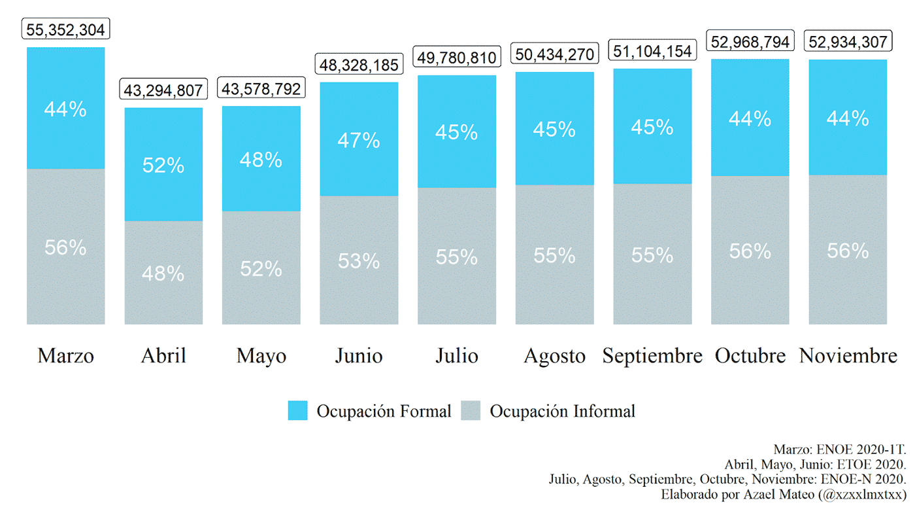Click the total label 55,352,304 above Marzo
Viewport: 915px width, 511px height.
point(65,29)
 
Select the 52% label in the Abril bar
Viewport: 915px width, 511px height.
point(163,166)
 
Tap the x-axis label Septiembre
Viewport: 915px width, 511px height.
point(652,356)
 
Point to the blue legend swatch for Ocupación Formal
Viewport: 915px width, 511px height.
point(297,411)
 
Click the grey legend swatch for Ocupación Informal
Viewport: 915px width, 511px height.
point(471,411)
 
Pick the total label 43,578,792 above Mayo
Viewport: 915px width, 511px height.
point(261,89)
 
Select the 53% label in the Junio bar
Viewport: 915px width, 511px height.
point(359,261)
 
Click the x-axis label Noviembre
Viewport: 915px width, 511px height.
point(848,356)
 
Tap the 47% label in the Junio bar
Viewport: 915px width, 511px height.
point(359,141)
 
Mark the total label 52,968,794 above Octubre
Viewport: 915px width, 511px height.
point(750,42)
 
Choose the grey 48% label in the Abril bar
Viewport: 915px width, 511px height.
point(163,273)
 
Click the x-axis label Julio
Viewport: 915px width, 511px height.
point(457,356)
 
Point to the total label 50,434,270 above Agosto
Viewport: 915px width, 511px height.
point(555,54)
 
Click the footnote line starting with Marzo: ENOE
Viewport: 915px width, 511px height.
point(839,449)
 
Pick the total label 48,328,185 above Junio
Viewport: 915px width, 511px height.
point(359,64)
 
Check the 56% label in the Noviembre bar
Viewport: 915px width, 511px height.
point(848,251)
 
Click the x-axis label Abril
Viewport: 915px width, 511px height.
point(163,356)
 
